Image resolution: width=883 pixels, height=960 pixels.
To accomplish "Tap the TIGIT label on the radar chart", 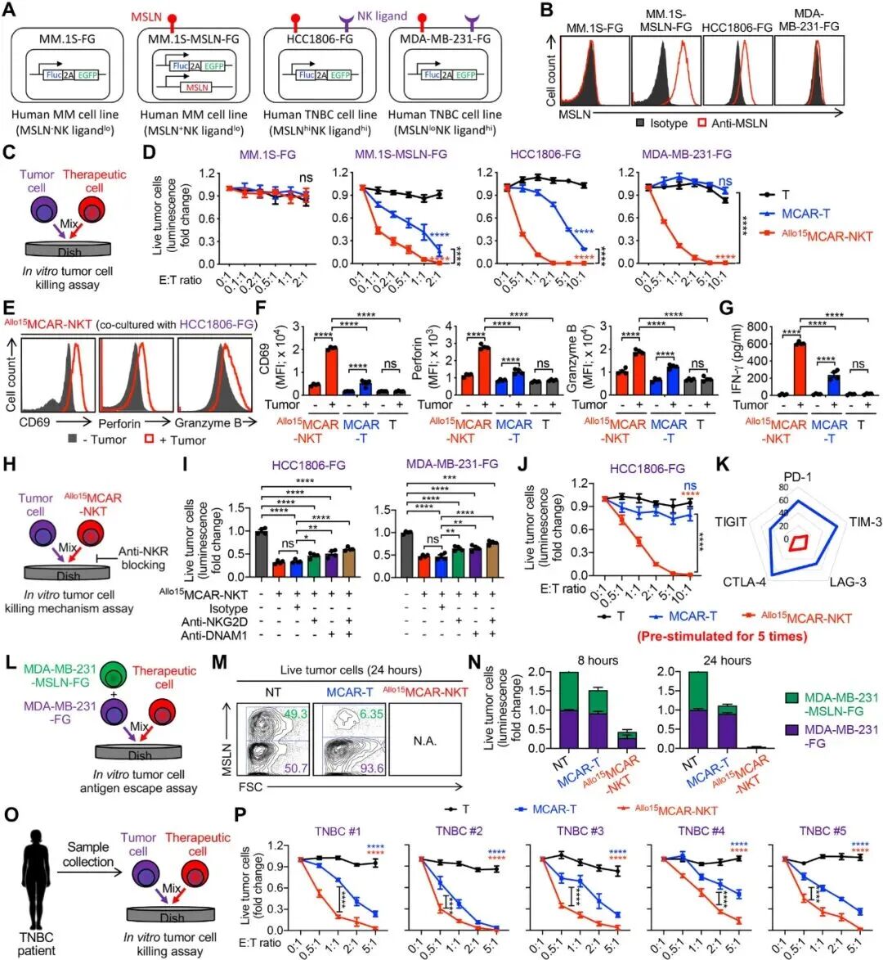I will [730, 521].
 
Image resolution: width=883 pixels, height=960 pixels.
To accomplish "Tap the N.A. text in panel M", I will [425, 741].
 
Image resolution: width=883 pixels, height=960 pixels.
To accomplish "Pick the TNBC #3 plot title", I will [588, 832].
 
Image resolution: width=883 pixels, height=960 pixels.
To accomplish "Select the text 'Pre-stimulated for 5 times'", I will [725, 635].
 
